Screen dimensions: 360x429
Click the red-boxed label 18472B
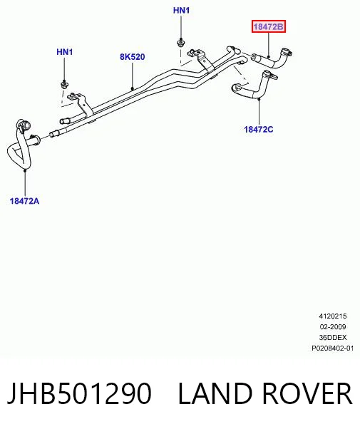point(269,26)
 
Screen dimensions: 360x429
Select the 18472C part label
point(259,129)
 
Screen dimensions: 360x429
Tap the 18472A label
point(24,201)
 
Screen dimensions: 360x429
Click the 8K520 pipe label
point(132,57)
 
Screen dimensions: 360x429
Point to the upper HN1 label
point(181,11)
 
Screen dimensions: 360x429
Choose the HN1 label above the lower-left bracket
point(65,52)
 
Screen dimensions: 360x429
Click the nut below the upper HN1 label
point(180,43)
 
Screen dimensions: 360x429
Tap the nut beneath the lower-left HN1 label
point(64,84)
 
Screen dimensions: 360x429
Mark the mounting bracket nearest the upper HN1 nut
point(202,60)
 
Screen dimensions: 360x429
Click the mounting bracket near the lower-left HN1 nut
point(81,104)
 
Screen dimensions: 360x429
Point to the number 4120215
point(333,316)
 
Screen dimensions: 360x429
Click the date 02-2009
point(333,327)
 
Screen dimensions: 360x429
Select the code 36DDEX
point(333,338)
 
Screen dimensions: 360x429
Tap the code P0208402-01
point(333,348)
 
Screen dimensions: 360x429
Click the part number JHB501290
point(79,393)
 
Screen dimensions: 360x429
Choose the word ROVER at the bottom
point(307,393)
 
